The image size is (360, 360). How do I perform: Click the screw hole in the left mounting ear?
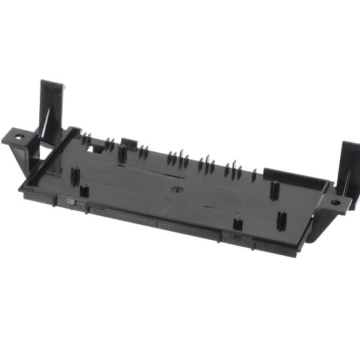click(x=18, y=138)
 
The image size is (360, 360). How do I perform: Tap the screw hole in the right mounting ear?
click(x=335, y=202)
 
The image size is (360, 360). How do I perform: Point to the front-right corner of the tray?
click(x=298, y=252)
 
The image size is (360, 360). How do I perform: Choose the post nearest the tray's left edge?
click(x=74, y=176)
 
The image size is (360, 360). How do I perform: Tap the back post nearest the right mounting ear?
click(x=274, y=189)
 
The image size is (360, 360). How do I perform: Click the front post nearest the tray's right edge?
click(x=281, y=220)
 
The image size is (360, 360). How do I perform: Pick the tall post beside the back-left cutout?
click(x=122, y=154)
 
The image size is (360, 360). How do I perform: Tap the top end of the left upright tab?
click(x=52, y=84)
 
